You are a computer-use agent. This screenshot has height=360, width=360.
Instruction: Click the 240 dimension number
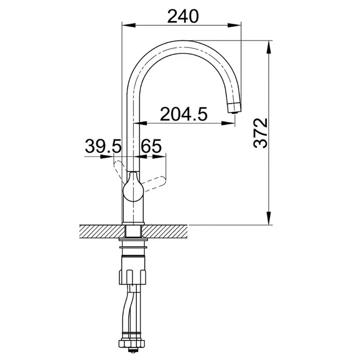tap(183, 16)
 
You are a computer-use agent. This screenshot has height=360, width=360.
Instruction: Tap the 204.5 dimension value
tap(184, 114)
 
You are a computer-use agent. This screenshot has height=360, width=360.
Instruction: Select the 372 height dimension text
tap(261, 133)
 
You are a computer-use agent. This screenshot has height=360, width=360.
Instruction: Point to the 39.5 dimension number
tap(103, 146)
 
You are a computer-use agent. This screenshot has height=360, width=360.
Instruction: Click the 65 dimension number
tap(151, 146)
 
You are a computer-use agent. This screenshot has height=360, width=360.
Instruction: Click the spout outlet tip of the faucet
tap(234, 108)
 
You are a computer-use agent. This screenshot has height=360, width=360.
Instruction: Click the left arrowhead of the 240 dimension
tap(128, 25)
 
